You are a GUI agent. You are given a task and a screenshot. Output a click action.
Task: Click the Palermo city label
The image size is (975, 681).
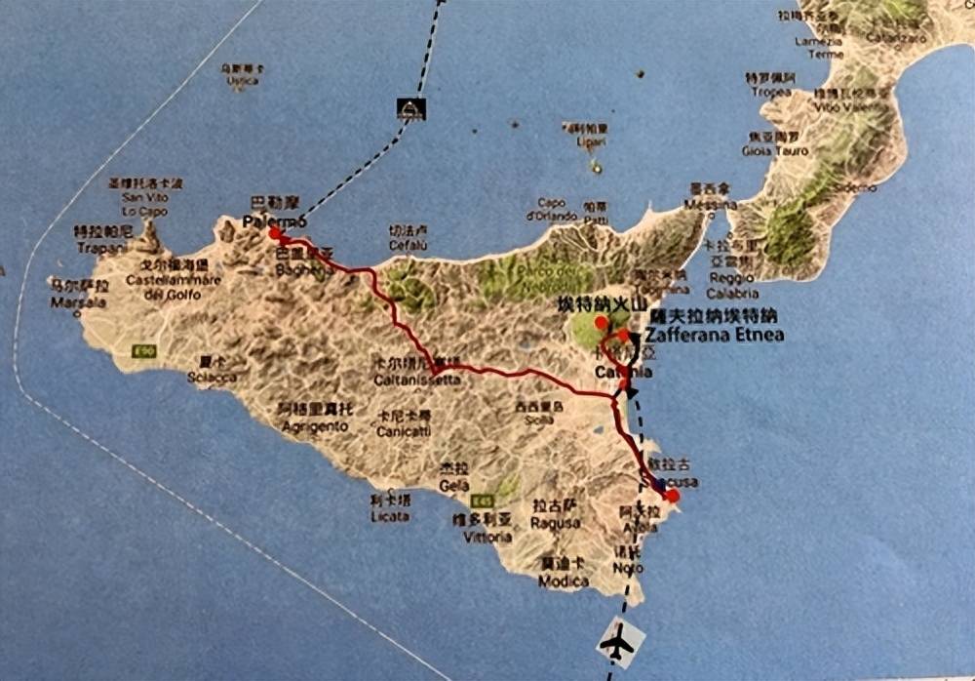click(x=268, y=222)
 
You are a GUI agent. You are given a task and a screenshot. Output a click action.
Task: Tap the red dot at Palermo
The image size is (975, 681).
click(x=275, y=234)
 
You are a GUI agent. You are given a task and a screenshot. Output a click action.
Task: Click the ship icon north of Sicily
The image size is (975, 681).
click(x=410, y=108)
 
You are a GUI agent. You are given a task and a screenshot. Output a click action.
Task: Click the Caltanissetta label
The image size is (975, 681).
click(x=417, y=380)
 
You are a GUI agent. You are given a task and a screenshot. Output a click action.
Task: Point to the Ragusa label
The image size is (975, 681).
click(x=556, y=523)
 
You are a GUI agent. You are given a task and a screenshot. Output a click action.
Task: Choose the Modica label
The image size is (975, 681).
click(x=564, y=581)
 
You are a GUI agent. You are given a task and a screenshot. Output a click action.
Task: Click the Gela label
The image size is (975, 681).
click(x=453, y=486)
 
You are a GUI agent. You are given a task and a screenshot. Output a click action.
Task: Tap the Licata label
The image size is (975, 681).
click(x=390, y=516)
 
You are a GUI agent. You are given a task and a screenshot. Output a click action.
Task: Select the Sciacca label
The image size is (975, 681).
click(x=215, y=377)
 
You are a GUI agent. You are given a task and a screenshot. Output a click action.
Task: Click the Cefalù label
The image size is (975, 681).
click(x=408, y=246)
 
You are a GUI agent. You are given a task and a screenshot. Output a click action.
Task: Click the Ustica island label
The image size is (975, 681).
click(x=242, y=81)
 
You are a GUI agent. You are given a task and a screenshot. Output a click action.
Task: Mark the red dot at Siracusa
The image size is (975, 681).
click(x=672, y=496)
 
